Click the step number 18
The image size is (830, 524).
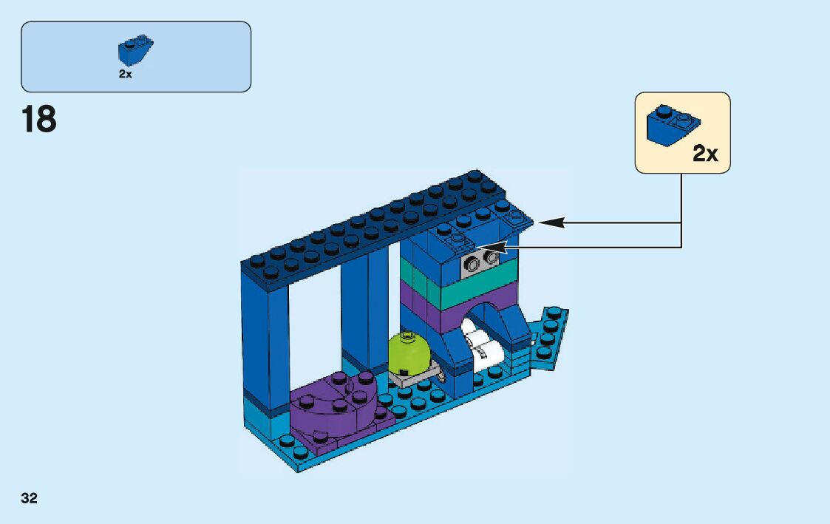pyautogui.click(x=39, y=119)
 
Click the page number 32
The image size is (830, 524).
pyautogui.click(x=29, y=498)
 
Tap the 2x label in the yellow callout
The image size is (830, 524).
pyautogui.click(x=705, y=154)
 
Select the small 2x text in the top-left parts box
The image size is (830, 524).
pyautogui.click(x=125, y=74)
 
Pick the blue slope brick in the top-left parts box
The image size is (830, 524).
pyautogui.click(x=135, y=50)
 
